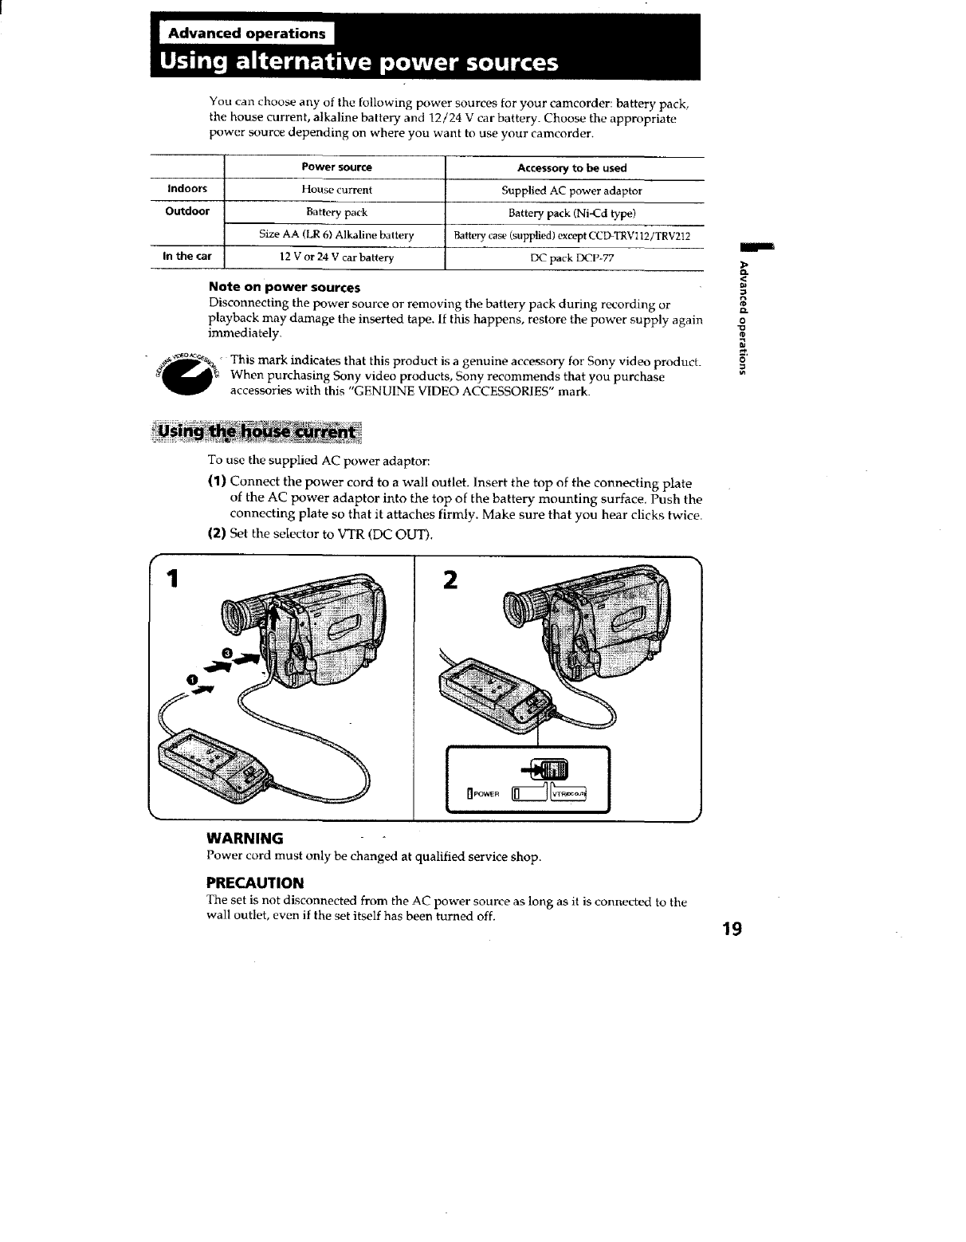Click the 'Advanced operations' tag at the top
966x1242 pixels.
[247, 33]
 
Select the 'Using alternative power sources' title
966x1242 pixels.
[359, 62]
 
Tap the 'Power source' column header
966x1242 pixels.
[336, 167]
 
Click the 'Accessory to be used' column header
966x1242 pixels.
[571, 168]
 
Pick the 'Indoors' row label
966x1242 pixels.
[187, 189]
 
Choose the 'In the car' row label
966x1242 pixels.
[187, 256]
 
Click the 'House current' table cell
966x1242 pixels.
[336, 190]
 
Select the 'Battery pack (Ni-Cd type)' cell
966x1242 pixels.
[571, 213]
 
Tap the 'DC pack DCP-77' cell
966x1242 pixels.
[571, 258]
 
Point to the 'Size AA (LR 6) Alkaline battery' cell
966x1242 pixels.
[336, 235]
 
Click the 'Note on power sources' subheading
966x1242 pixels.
[285, 287]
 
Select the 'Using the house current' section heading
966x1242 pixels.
[256, 432]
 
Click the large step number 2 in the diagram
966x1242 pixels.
[450, 580]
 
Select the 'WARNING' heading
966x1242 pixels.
[245, 839]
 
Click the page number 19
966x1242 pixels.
[732, 929]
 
